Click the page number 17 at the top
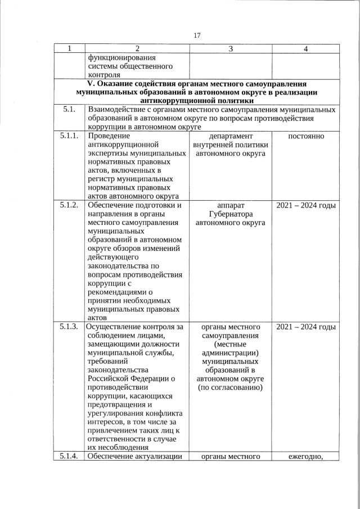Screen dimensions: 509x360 click(x=197, y=35)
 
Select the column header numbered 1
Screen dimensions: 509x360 click(x=69, y=49)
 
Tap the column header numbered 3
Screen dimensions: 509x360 click(x=231, y=49)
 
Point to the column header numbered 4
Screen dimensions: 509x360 click(x=305, y=49)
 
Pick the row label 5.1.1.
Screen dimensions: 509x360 click(x=69, y=136)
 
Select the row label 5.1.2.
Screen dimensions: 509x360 click(x=69, y=205)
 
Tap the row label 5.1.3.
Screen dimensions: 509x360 click(x=69, y=327)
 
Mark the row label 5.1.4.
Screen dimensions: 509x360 click(x=69, y=456)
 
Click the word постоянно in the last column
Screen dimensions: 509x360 click(x=305, y=137)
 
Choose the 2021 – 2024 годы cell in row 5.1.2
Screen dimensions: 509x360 click(x=306, y=205)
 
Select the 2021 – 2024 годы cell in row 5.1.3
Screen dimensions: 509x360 click(x=306, y=327)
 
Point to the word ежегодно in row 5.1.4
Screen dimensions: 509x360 click(x=304, y=456)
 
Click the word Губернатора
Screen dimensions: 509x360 click(x=230, y=214)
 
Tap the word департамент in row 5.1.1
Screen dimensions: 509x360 click(x=230, y=137)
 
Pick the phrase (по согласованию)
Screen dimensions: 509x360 click(x=231, y=388)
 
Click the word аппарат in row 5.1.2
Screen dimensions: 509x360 click(x=230, y=205)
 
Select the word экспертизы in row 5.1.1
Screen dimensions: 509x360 click(x=109, y=154)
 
